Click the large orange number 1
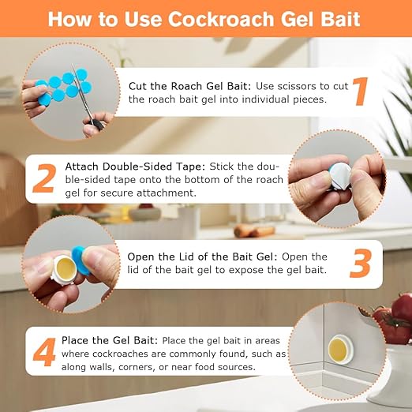coord(360,91)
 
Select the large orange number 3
coord(360,264)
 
